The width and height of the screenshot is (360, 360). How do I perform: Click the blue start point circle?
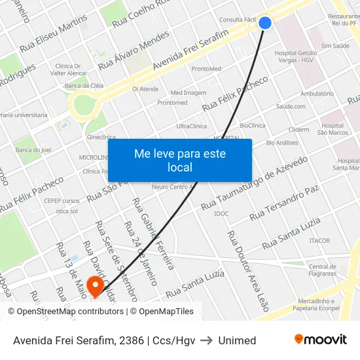265,23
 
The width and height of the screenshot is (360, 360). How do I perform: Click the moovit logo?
321,340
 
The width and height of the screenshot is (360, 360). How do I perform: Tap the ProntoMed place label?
206,69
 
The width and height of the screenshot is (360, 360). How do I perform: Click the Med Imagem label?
188,92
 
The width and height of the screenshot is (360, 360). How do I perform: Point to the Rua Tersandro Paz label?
284,202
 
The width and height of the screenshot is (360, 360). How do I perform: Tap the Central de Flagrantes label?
322,270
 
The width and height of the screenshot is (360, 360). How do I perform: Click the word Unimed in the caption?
237,340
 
